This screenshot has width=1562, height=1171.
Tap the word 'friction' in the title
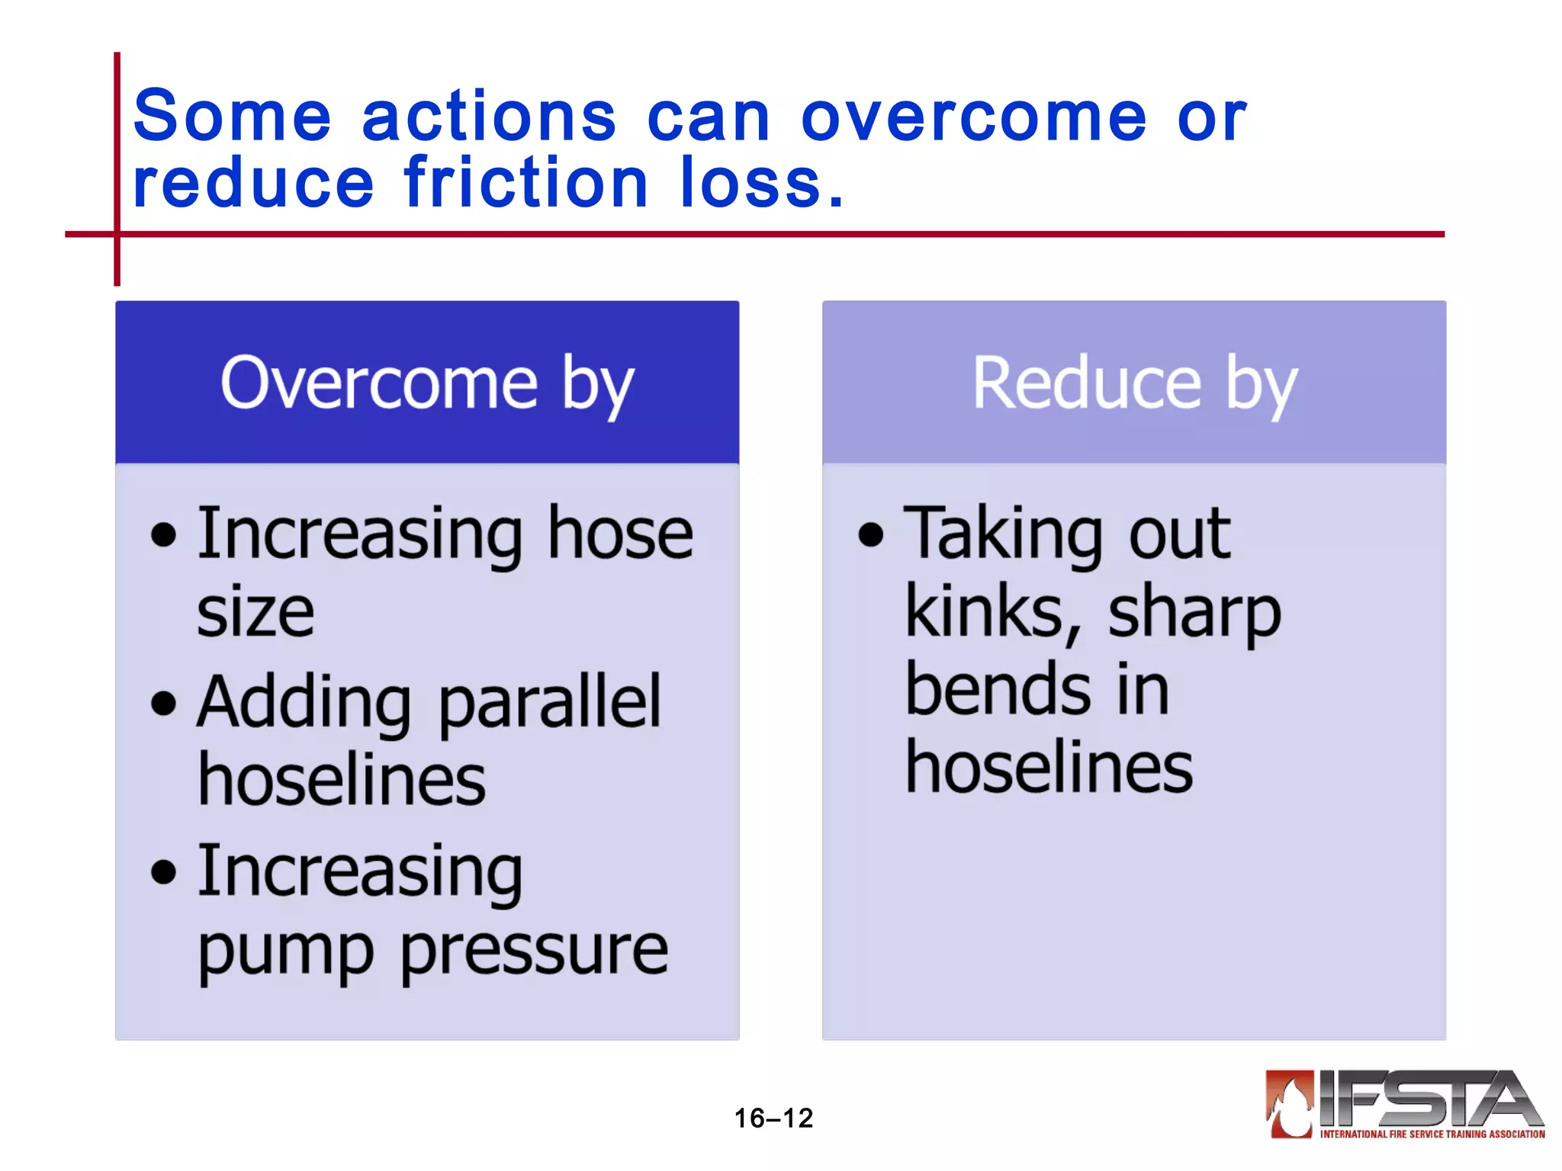click(525, 183)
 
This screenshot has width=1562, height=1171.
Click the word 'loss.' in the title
click(762, 183)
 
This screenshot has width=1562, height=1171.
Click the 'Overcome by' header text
click(427, 383)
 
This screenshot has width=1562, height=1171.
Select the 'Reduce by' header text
click(1134, 383)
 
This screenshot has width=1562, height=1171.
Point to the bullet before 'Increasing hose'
click(163, 534)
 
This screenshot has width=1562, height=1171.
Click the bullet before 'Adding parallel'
click(163, 703)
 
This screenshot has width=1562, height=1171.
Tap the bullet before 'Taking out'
click(870, 534)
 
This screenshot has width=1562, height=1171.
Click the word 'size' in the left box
click(256, 613)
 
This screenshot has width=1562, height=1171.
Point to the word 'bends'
click(998, 690)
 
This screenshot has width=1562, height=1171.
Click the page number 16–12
click(773, 1118)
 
